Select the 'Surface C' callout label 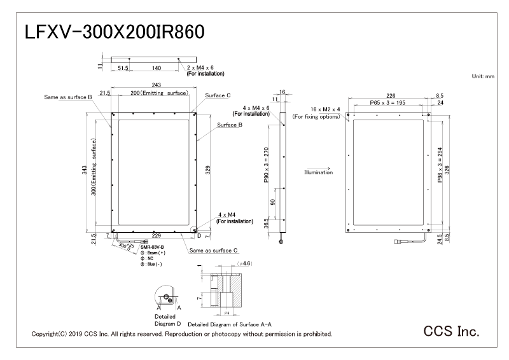(218, 95)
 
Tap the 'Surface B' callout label (230, 125)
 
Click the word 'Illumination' (318, 172)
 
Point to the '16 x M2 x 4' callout (326, 109)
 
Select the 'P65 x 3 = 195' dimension (387, 102)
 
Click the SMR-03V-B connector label (151, 247)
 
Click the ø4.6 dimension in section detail (245, 263)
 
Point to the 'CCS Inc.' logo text (451, 331)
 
